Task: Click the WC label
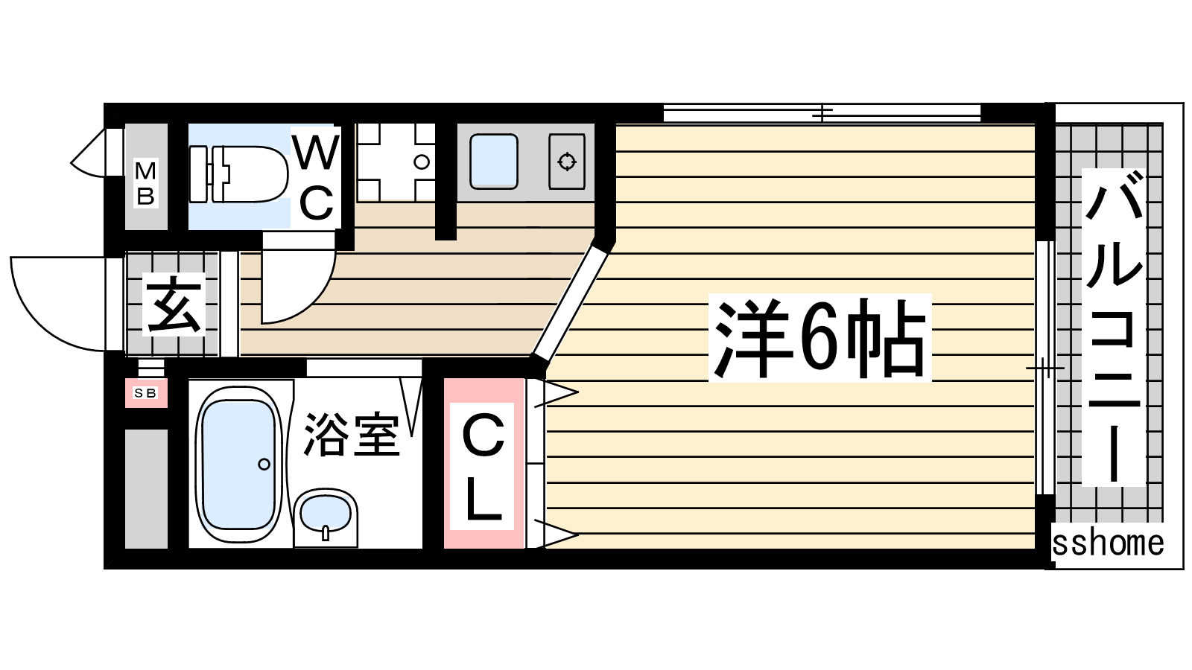316,178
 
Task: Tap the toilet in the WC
238,174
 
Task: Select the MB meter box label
145,183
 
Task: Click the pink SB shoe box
146,393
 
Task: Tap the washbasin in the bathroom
325,517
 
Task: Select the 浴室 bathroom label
351,435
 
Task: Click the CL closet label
482,466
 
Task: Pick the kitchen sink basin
494,162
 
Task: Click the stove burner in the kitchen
567,161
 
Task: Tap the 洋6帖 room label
819,338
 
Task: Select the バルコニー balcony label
1114,327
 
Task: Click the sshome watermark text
1108,543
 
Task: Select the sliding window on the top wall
822,113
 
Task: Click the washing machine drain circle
422,162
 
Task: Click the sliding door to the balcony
1045,368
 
